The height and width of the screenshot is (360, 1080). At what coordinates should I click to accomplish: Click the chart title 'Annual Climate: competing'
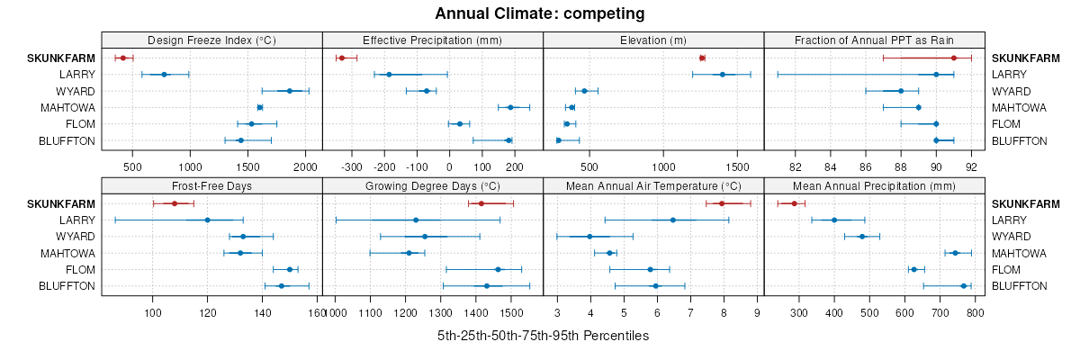(540, 13)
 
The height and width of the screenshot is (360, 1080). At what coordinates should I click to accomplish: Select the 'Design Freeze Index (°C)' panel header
(211, 40)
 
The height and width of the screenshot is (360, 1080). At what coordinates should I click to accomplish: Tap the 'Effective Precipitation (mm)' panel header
(432, 40)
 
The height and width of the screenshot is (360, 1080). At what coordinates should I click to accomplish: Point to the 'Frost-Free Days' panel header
(211, 185)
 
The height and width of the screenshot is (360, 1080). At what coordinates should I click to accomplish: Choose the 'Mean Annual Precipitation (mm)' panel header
(874, 185)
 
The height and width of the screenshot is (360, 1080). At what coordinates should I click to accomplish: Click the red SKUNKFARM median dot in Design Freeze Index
(122, 58)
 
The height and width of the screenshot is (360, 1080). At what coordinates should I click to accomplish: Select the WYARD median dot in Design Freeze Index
(290, 91)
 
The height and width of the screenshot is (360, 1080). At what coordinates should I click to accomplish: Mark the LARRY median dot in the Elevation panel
(722, 75)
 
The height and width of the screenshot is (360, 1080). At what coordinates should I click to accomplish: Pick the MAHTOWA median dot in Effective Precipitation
(510, 107)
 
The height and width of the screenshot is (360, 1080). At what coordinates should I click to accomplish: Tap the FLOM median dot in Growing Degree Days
(498, 269)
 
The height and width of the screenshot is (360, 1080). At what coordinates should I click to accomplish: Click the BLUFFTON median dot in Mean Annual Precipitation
(964, 286)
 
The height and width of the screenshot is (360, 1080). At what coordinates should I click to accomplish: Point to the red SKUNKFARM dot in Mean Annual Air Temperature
(722, 203)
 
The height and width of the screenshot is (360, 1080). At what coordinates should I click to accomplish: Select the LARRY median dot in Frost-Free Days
(207, 220)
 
